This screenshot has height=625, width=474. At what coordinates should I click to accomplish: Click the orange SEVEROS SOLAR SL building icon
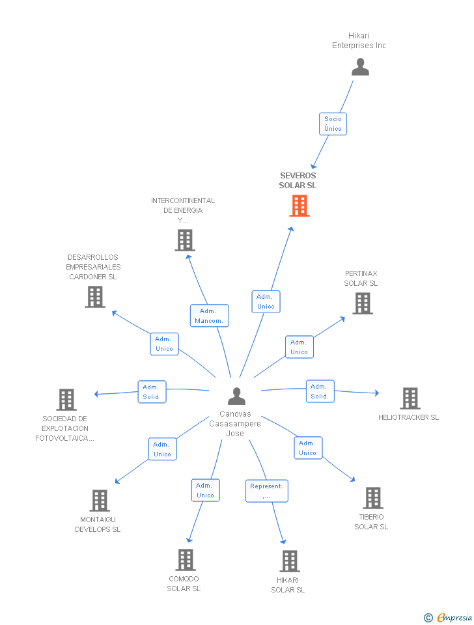click(x=300, y=206)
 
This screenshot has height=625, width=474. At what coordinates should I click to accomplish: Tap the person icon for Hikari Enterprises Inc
click(x=360, y=67)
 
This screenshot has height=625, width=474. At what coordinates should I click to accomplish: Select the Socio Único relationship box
click(x=333, y=124)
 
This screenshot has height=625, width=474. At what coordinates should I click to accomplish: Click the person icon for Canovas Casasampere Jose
click(x=236, y=396)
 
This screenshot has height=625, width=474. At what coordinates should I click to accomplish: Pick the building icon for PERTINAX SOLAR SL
click(x=363, y=303)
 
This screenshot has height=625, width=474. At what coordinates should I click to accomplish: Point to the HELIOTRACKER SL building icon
click(x=410, y=398)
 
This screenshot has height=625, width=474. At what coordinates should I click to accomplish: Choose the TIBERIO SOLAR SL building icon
click(x=372, y=497)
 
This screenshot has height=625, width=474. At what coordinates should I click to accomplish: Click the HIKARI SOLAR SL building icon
click(x=290, y=561)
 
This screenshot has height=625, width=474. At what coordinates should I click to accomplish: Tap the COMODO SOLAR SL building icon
click(x=186, y=559)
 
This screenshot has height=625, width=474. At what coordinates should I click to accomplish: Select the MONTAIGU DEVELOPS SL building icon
click(x=99, y=500)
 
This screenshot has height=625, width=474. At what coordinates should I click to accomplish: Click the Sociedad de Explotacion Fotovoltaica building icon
click(x=66, y=399)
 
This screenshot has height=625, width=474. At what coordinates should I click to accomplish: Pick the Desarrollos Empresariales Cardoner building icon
click(x=95, y=297)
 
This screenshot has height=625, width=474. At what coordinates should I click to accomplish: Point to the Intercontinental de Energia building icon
click(x=185, y=240)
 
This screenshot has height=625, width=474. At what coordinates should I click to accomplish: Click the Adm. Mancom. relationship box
click(x=209, y=316)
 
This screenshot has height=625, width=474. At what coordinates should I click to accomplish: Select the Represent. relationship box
click(x=266, y=491)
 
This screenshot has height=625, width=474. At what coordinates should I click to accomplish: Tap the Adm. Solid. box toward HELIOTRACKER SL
click(x=320, y=391)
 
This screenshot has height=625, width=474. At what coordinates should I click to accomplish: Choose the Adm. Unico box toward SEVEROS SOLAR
click(x=266, y=301)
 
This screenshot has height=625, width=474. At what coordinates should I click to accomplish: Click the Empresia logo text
click(x=454, y=617)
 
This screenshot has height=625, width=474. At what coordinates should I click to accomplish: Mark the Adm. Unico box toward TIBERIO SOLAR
click(x=307, y=448)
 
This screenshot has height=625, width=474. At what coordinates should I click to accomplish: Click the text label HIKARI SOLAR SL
click(x=288, y=585)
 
